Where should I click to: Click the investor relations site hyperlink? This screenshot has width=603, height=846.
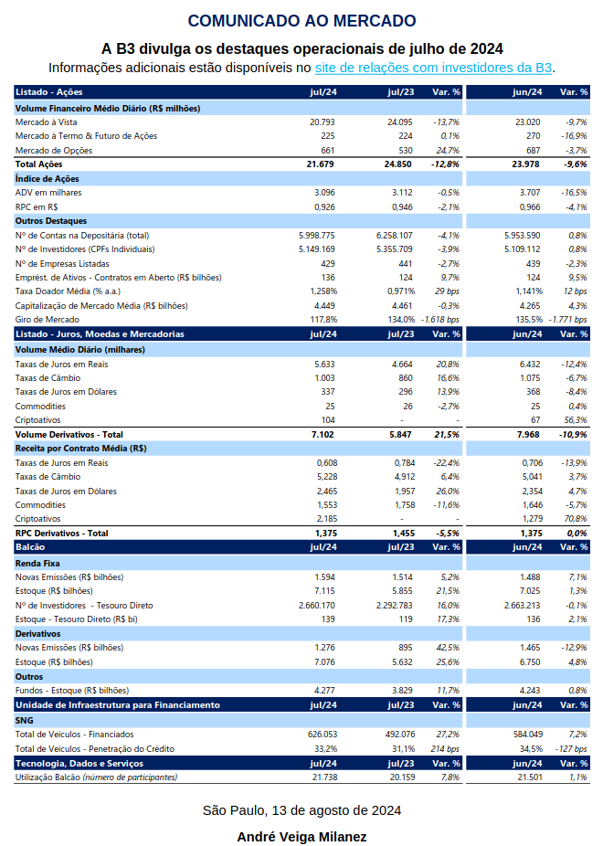click(433, 68)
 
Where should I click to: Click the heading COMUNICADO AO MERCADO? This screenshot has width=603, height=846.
click(301, 21)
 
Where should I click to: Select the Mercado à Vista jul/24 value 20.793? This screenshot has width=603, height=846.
click(322, 122)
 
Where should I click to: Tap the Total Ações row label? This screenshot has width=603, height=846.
click(39, 164)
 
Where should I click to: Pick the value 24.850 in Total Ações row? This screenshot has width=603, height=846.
click(398, 164)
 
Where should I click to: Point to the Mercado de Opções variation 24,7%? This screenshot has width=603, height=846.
click(448, 151)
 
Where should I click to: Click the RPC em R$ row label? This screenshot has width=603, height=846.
click(37, 207)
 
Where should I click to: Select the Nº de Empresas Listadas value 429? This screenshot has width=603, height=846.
click(327, 264)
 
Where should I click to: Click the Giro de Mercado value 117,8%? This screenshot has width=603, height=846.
click(323, 320)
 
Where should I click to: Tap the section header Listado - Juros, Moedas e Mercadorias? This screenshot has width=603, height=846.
click(100, 334)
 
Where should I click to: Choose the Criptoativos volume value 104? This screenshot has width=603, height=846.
click(328, 420)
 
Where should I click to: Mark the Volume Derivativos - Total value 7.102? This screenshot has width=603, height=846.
click(323, 435)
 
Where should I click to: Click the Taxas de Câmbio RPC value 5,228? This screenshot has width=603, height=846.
click(327, 477)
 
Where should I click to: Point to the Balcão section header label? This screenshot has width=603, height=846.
click(30, 547)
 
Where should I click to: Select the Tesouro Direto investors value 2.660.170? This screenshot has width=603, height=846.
click(317, 606)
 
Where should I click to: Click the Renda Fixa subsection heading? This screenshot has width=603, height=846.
click(37, 564)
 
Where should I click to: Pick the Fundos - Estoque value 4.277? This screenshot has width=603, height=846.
click(324, 691)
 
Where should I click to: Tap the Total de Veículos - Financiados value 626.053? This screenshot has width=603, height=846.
click(323, 735)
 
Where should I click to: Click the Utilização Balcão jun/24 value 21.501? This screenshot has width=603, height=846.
click(529, 777)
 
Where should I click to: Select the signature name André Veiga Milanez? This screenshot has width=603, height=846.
click(302, 837)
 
